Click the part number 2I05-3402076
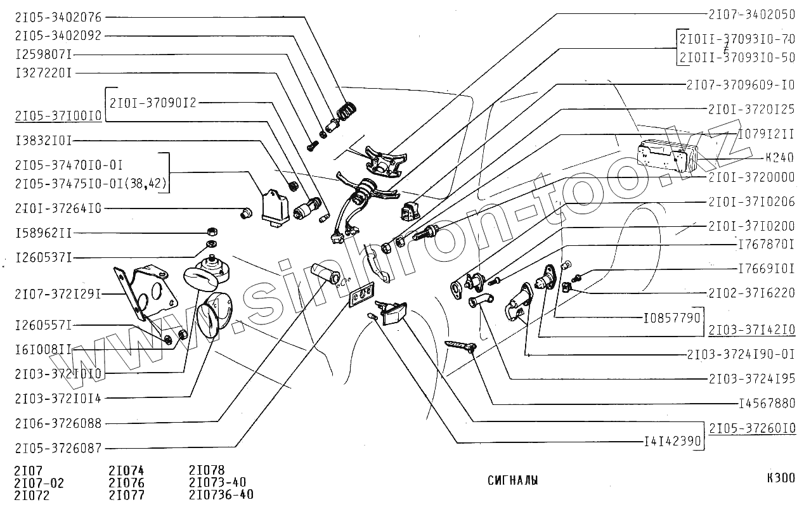[58, 17]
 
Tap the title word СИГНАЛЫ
[513, 480]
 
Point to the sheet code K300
[780, 478]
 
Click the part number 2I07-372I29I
[58, 293]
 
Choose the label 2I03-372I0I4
[58, 398]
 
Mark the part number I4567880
[767, 403]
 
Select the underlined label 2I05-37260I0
[752, 428]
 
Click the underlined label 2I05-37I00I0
[58, 116]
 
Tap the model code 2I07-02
[39, 483]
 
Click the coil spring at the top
[346, 110]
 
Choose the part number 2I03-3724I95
[752, 378]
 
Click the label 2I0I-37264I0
[58, 208]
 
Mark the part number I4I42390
[671, 442]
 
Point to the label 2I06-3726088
[58, 423]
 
